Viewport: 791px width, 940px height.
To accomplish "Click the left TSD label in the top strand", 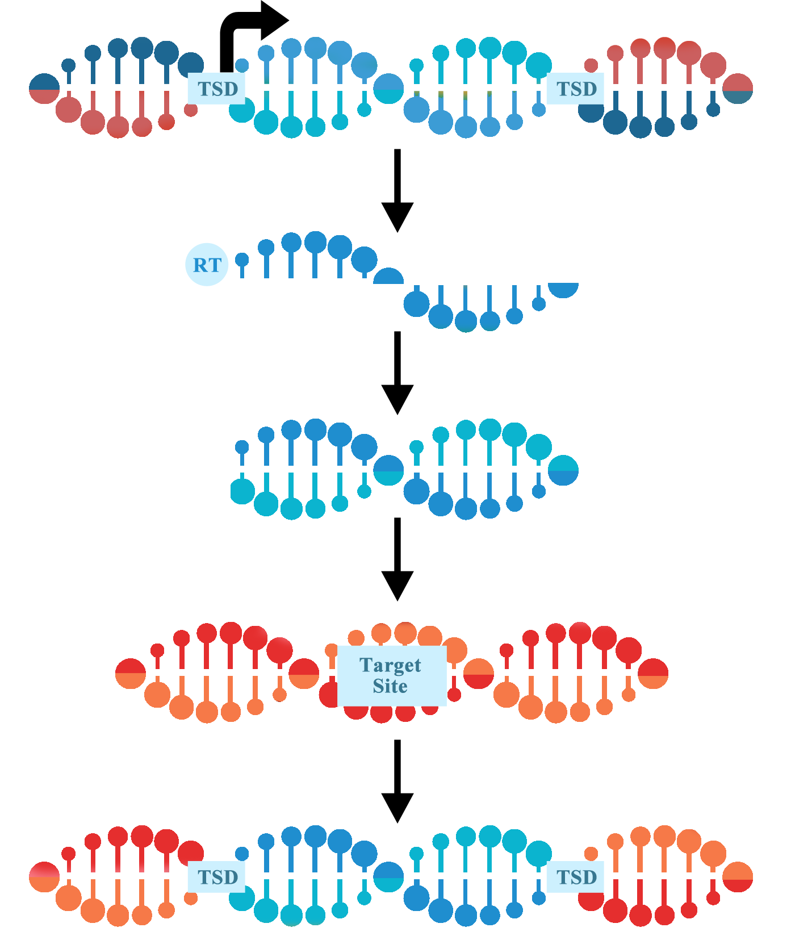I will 217,89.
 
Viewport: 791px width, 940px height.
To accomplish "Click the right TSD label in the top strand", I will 576,89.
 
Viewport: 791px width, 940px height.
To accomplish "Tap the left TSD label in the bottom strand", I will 217,877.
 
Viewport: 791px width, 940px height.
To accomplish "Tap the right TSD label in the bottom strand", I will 576,877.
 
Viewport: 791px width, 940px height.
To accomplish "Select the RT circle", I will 207,265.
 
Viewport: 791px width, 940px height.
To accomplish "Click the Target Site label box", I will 391,675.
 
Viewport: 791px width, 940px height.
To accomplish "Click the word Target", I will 390,665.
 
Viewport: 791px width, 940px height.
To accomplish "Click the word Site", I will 390,686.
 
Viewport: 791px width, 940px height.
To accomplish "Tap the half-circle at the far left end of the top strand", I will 44,89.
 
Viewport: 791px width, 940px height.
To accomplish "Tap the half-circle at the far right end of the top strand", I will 738,89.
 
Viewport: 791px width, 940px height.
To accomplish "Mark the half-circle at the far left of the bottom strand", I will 44,877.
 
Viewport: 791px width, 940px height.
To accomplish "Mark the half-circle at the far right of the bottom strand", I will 738,877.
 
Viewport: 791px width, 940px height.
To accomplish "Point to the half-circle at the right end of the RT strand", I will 563,289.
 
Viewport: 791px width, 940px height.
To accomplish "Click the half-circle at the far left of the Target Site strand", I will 131,673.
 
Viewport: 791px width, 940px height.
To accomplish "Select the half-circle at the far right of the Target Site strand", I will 653,673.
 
